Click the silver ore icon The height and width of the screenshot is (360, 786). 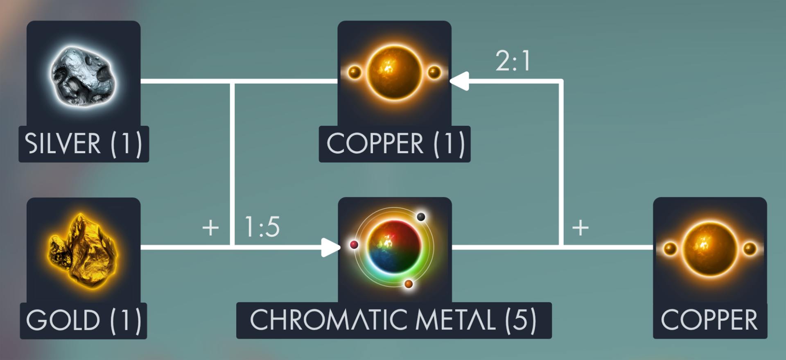(84, 76)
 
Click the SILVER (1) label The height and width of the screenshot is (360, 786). (84, 144)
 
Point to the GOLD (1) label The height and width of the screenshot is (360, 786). (84, 320)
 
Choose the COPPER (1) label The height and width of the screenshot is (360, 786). (395, 144)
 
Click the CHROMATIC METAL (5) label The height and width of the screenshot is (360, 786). (394, 320)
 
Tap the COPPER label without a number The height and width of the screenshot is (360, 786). (709, 320)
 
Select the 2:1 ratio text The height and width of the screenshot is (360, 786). (513, 61)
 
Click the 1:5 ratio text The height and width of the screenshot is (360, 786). (262, 227)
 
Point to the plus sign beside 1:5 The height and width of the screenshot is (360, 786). (210, 227)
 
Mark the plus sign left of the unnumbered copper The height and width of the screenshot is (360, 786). (580, 227)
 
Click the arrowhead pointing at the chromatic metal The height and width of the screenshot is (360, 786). (330, 247)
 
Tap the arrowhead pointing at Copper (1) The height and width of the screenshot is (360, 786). (460, 81)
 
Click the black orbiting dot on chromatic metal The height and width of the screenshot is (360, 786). (421, 216)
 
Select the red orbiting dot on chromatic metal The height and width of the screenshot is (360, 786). (354, 245)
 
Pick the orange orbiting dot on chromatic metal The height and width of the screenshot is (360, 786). (409, 284)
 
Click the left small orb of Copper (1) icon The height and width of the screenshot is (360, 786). (355, 72)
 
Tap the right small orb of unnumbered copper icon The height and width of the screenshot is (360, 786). (750, 248)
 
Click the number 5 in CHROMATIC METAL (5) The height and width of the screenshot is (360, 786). (520, 320)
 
